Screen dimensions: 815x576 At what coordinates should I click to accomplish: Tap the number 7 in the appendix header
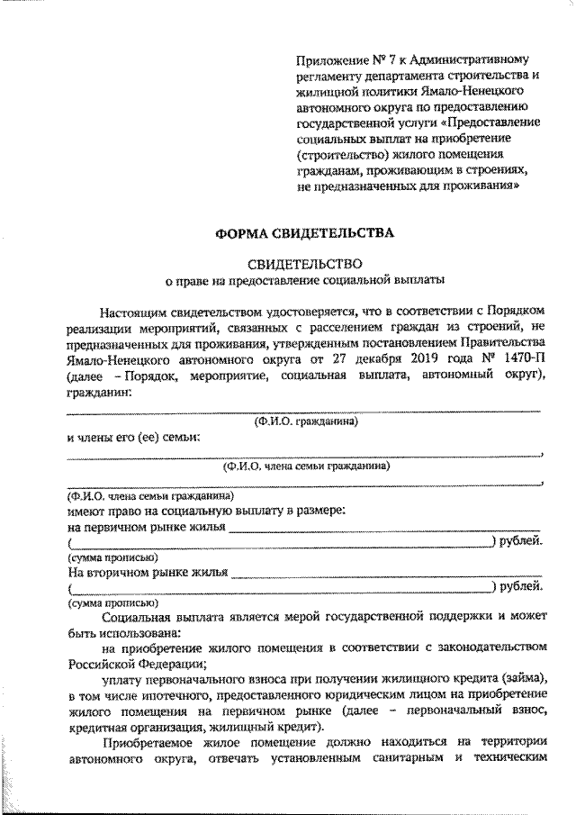coord(392,59)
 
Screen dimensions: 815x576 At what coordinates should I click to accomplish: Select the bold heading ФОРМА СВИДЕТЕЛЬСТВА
coord(304,233)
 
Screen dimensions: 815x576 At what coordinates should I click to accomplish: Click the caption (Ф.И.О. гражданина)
coord(306,421)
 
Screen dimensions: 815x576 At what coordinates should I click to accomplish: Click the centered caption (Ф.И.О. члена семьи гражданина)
coord(306,466)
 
